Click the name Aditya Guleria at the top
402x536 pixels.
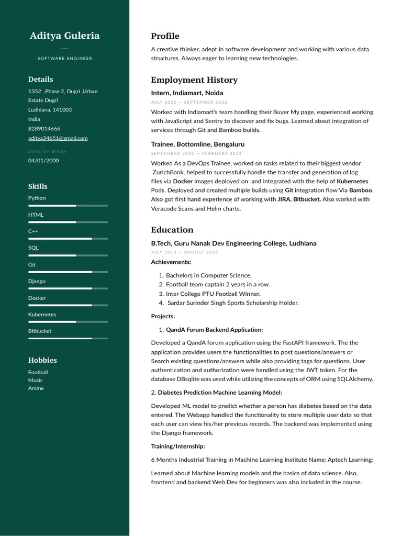[64, 36]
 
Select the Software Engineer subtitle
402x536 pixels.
[64, 58]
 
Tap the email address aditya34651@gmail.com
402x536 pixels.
[58, 138]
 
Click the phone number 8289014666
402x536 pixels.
[44, 129]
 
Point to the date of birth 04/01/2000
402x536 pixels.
[43, 161]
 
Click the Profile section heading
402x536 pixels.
[165, 36]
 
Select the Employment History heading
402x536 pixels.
[194, 80]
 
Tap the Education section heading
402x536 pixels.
[172, 230]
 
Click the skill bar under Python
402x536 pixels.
[68, 206]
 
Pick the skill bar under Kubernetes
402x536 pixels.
[68, 322]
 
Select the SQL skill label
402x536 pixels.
[33, 248]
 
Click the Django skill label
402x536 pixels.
[37, 281]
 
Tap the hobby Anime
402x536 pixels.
[36, 388]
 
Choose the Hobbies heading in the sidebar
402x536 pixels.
[42, 360]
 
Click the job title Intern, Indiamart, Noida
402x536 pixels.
[187, 93]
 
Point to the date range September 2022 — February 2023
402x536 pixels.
[196, 153]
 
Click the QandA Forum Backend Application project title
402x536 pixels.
[214, 330]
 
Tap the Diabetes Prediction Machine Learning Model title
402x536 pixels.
[220, 393]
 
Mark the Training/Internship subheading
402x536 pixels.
[178, 446]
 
